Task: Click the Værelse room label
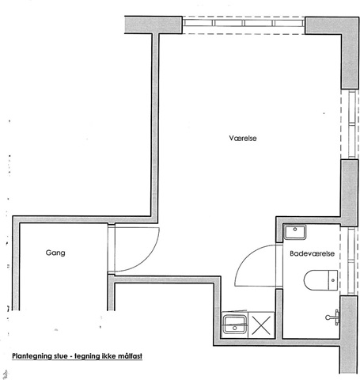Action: click(x=243, y=138)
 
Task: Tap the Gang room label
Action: click(x=55, y=253)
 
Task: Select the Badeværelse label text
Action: click(x=312, y=253)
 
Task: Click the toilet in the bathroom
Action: click(x=320, y=280)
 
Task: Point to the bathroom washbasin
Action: click(x=295, y=232)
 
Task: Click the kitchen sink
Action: click(x=235, y=325)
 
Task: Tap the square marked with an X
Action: click(x=261, y=325)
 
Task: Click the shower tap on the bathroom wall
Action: click(x=333, y=317)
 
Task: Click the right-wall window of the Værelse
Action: click(x=350, y=124)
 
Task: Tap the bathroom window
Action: click(x=350, y=261)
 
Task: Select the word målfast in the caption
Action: click(x=130, y=356)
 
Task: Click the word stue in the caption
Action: click(x=61, y=356)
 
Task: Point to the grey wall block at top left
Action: click(x=153, y=25)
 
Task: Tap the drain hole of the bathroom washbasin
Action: click(x=295, y=230)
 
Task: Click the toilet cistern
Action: click(x=333, y=280)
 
